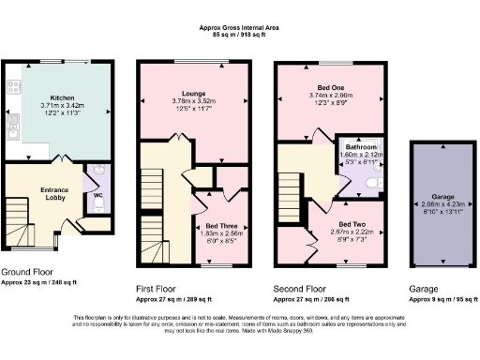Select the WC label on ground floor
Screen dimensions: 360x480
coord(97,196)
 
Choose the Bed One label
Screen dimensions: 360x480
coord(329,87)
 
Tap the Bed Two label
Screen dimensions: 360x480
coord(353,224)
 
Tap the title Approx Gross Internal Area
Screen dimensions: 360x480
coord(239,28)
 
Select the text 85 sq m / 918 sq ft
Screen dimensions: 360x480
coord(239,36)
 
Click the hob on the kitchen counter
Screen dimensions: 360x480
coord(13,87)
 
